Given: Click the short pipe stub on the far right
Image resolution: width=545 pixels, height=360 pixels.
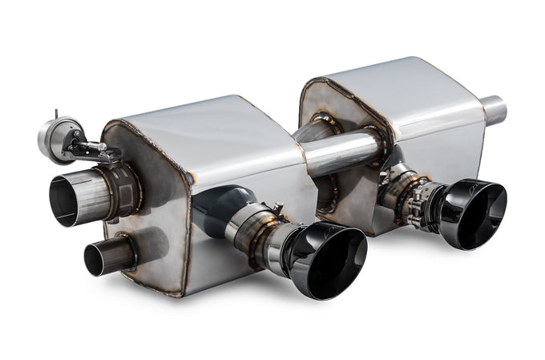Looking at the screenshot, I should pos(494,110).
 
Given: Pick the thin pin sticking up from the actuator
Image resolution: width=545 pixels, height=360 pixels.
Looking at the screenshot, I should pos(56,114).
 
